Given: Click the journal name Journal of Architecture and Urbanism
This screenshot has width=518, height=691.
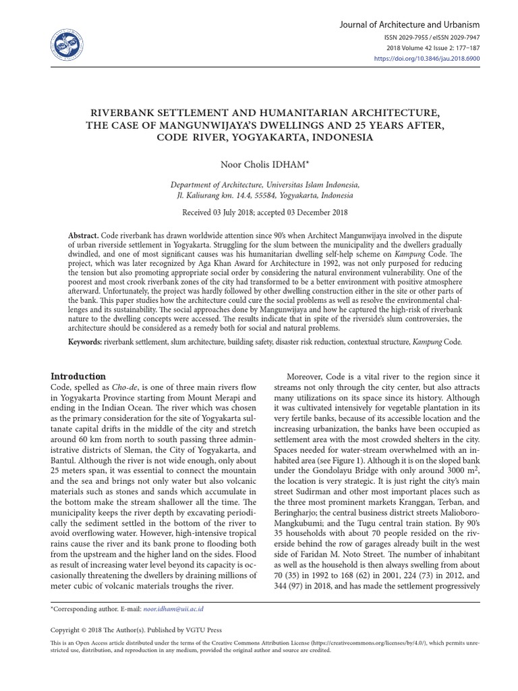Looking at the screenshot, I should (411, 24).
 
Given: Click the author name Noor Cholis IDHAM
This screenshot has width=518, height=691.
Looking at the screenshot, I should (258, 164).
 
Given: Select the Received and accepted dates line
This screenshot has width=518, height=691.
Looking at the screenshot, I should (259, 213).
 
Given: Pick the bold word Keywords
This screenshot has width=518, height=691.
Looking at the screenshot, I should (84, 342).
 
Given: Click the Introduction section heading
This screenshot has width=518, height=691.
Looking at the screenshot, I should (79, 376).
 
